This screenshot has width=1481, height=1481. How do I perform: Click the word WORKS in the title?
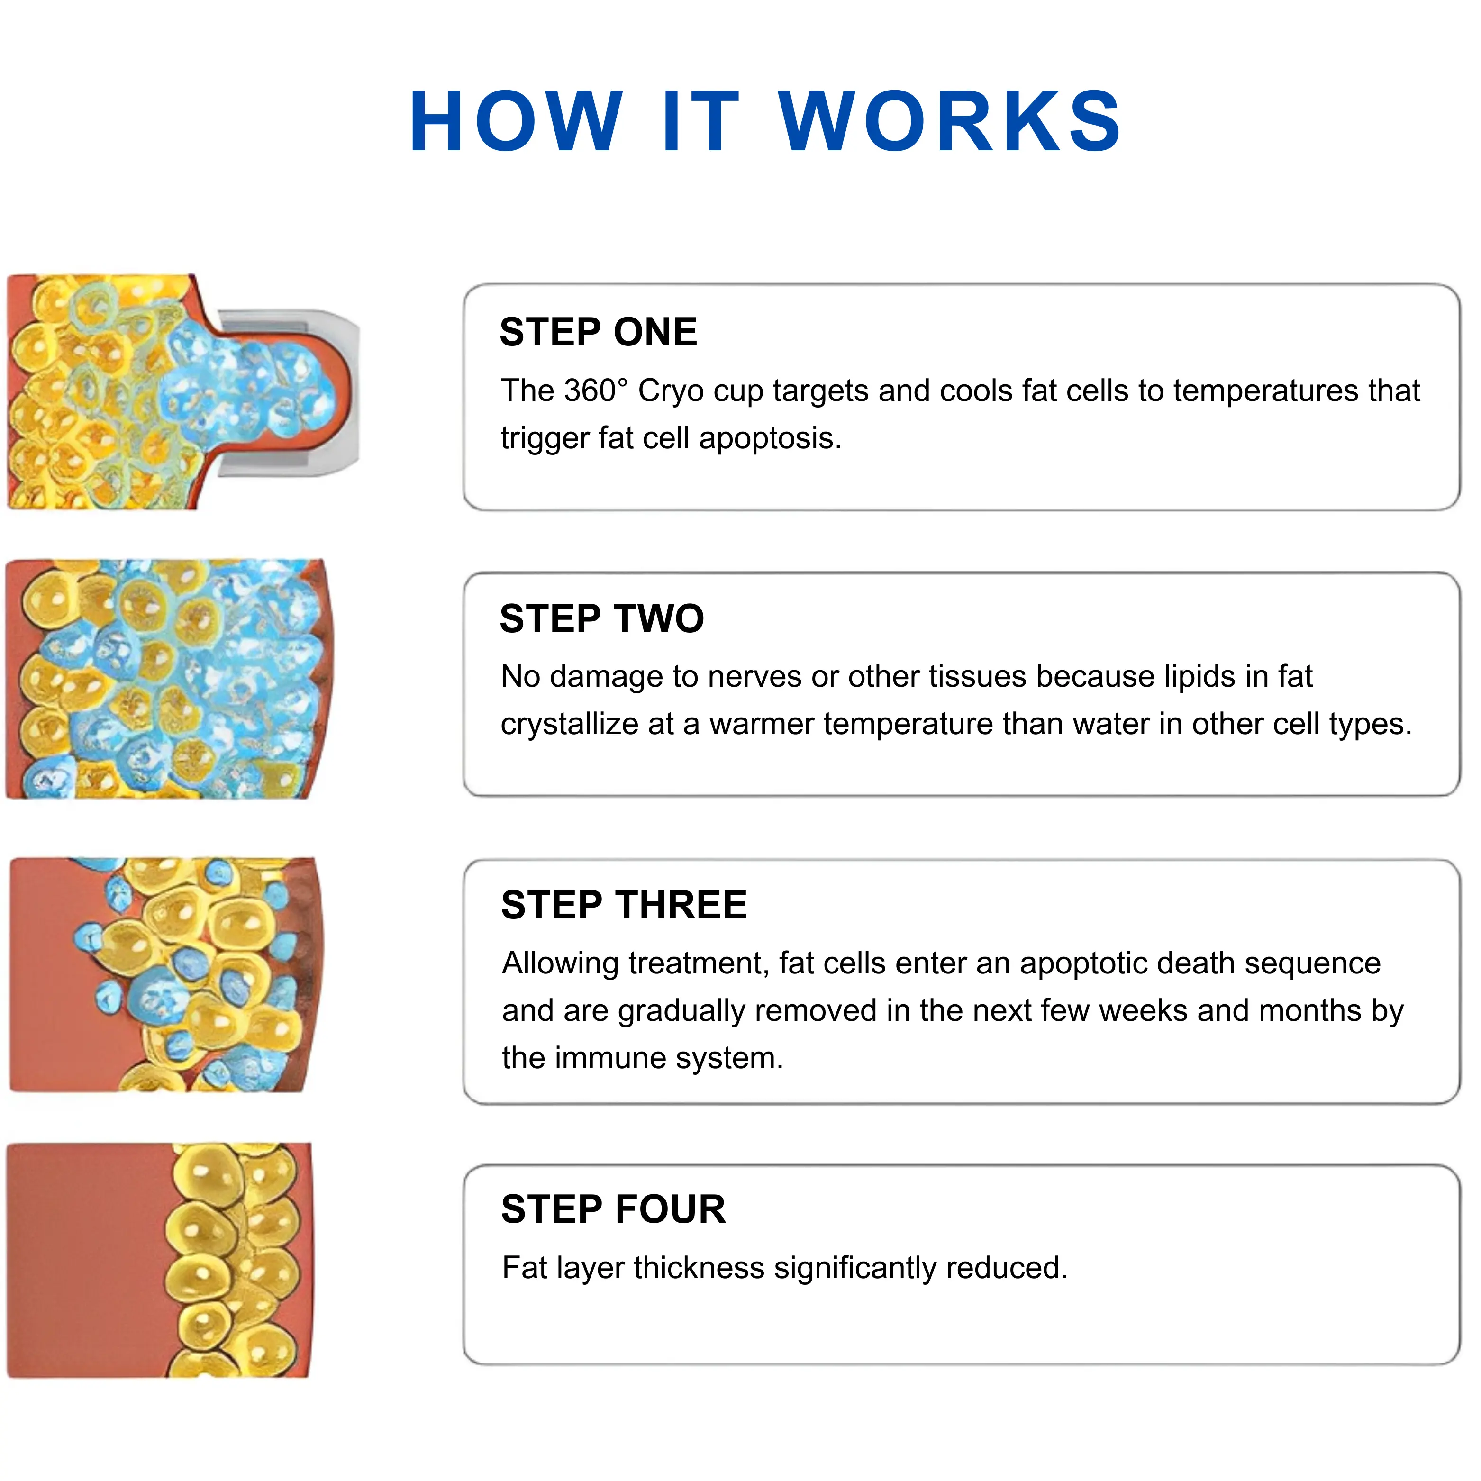pos(951,121)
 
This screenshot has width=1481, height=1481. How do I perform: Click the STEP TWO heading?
pos(602,618)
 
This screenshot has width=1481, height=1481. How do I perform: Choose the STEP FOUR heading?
pos(613,1209)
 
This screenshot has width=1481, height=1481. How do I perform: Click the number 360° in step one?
pos(596,391)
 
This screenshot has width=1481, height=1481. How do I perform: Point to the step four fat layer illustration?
pos(159,1261)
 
